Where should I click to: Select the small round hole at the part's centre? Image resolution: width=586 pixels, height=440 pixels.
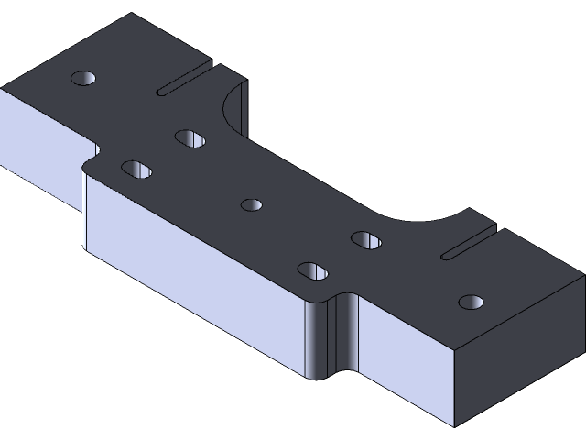point(252,204)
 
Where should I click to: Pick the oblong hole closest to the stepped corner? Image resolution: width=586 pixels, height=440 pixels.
point(136,169)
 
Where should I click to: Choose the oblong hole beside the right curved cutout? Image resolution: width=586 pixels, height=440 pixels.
point(365,240)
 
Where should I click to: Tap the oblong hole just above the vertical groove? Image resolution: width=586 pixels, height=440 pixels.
point(312,271)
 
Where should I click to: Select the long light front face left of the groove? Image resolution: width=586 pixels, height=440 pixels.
point(192,266)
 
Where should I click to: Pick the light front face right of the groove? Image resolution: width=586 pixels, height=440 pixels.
point(403,367)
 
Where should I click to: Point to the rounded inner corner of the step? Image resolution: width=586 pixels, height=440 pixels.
point(89,162)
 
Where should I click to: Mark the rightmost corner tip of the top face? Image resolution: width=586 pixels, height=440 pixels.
point(583,272)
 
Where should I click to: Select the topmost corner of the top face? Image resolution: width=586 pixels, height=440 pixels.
point(132,14)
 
